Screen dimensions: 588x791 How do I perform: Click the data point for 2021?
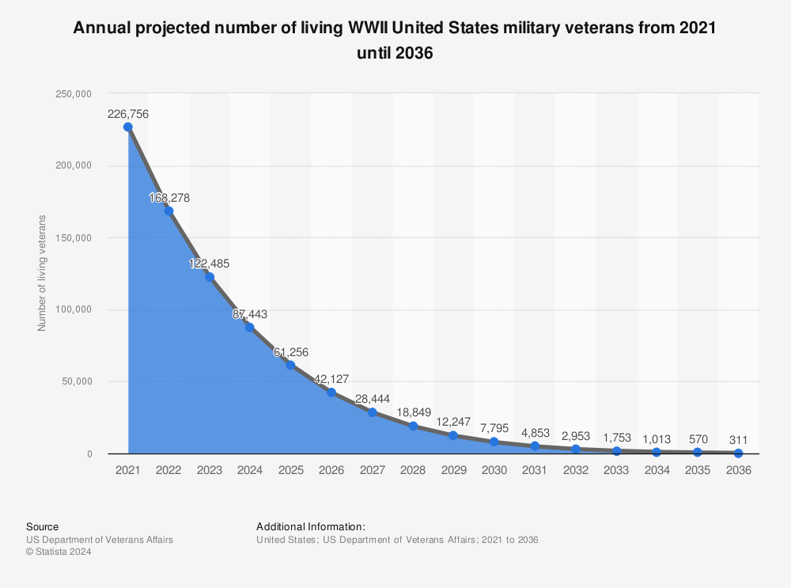[x=128, y=127]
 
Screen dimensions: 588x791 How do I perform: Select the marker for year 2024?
[x=250, y=327]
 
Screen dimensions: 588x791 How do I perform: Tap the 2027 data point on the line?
[x=372, y=412]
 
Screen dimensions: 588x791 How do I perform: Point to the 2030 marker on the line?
[x=494, y=442]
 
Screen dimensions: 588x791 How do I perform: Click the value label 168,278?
[x=169, y=198]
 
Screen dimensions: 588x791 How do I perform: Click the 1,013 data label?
[x=657, y=438]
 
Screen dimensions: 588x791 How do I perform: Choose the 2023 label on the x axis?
[x=209, y=470]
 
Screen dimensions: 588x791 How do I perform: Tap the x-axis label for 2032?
[x=575, y=470]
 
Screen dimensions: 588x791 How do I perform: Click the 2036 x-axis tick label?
[x=738, y=470]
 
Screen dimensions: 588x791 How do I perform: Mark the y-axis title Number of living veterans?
[x=42, y=273]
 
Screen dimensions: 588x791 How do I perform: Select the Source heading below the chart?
[x=42, y=526]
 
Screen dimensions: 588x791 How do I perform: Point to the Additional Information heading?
[x=311, y=526]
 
